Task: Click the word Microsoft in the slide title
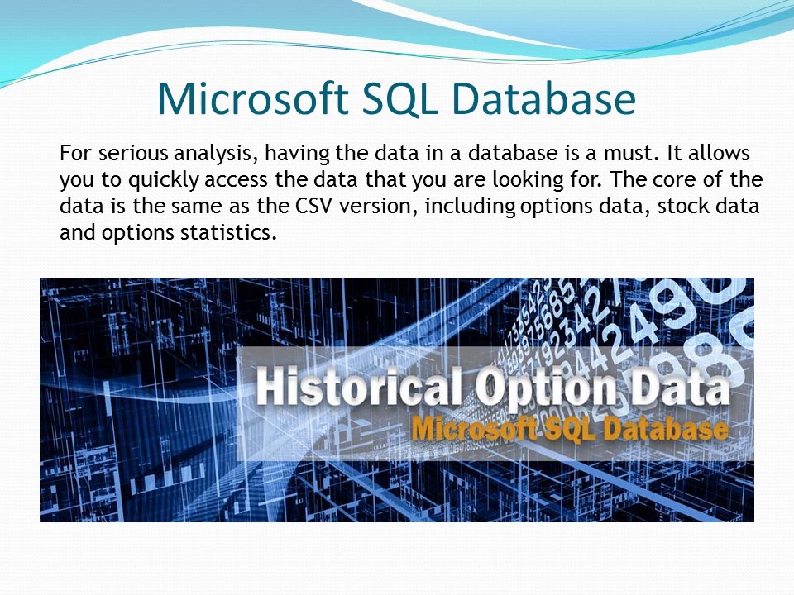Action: [253, 98]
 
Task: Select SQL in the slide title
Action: [400, 98]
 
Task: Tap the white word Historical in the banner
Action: [358, 387]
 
